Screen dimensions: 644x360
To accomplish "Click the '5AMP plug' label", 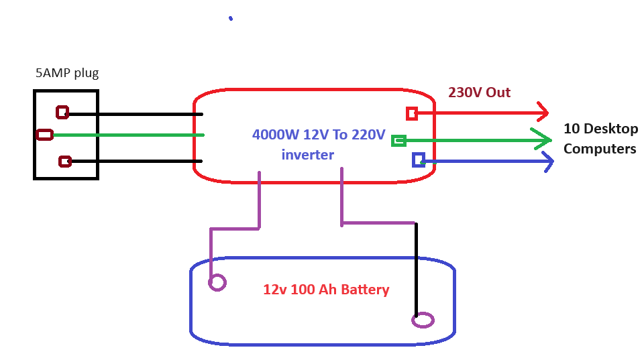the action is [x=67, y=73].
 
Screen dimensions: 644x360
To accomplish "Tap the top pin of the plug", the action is [x=62, y=112].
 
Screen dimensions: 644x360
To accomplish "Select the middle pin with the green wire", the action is [x=44, y=135].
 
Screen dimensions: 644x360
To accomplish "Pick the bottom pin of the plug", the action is [x=65, y=162].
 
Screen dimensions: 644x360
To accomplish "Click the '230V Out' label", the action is [x=479, y=93].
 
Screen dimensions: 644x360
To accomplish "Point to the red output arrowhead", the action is [x=543, y=112].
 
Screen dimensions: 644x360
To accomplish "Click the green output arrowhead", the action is [x=542, y=140].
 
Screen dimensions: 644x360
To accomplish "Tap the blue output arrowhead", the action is [x=549, y=162].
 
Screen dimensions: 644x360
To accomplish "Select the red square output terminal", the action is [x=412, y=114].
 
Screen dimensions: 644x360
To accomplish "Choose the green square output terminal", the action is [x=398, y=141].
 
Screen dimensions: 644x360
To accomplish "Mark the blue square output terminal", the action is [x=419, y=160].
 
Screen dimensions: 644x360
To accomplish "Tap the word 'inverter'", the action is [x=308, y=155].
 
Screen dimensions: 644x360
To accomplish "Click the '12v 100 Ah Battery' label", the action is [x=326, y=290].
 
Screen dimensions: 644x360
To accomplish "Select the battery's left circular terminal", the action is [x=217, y=282].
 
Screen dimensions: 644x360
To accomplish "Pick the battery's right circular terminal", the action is [x=423, y=320].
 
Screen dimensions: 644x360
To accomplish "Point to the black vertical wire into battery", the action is [x=416, y=269].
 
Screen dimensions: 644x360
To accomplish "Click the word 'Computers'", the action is [x=600, y=149].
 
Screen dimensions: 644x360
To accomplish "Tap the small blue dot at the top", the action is [x=231, y=18].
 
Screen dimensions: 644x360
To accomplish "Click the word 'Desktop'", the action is [x=610, y=129].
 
